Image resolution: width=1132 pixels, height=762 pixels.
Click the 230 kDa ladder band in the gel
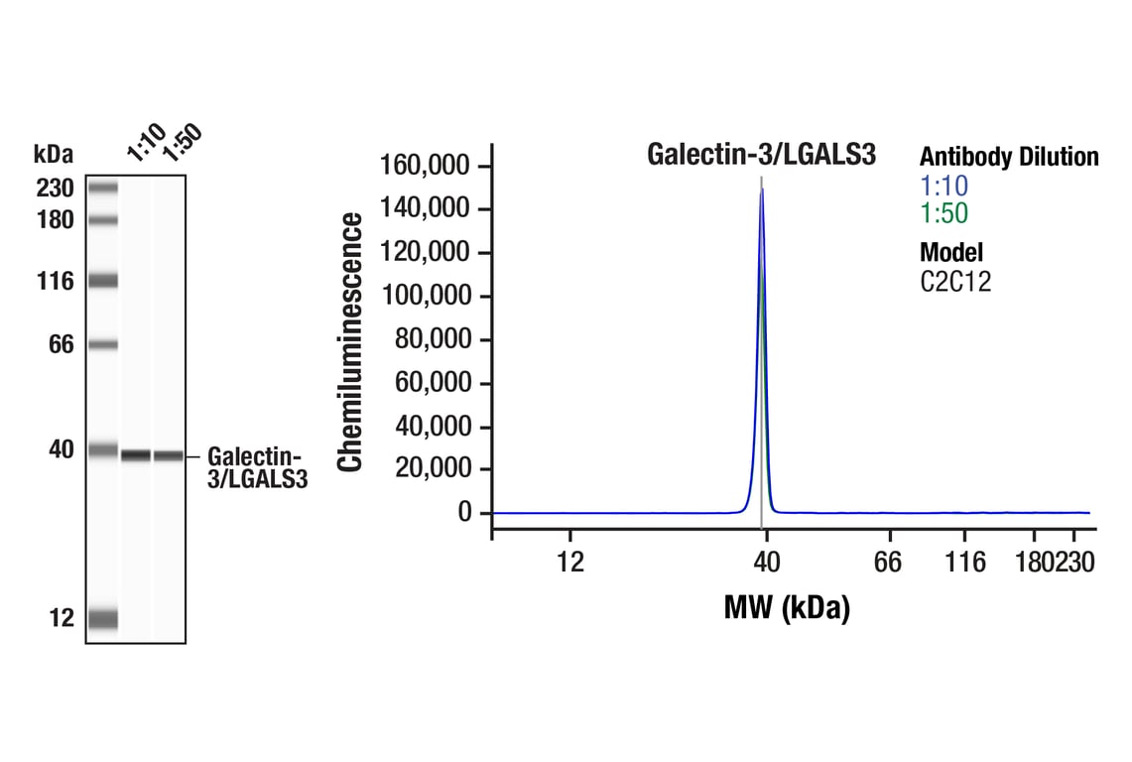coord(102,187)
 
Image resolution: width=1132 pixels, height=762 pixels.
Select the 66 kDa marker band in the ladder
coord(102,345)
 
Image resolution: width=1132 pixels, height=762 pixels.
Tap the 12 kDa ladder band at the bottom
coord(102,619)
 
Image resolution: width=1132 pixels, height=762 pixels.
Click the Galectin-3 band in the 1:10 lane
coord(136,455)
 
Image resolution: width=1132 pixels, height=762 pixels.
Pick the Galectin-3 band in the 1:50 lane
coord(168,455)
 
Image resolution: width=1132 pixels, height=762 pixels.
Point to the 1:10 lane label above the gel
coord(145,145)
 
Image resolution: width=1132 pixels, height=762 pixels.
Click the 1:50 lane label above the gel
coord(181,143)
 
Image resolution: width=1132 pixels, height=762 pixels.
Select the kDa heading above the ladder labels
coord(53,154)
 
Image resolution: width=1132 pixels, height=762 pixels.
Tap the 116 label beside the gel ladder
coord(55,282)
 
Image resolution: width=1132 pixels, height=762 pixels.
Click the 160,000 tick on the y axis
coord(428,166)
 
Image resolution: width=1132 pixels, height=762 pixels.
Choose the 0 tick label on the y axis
coord(464,513)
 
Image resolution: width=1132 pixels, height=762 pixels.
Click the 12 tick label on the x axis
coord(570,563)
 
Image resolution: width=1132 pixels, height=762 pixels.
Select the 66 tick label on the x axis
coord(888,563)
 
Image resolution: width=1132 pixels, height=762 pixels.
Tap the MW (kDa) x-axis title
coord(787,607)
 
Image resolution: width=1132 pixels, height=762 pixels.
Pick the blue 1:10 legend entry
coord(943,186)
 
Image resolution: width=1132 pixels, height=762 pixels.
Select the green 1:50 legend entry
coord(943,213)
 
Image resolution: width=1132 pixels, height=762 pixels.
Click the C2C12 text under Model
coord(955,282)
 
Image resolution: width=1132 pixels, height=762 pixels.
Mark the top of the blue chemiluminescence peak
coord(761,190)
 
